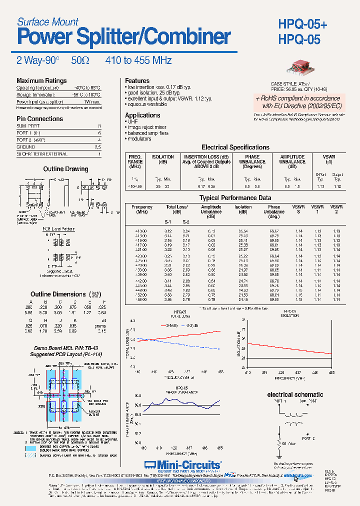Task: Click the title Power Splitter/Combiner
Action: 123,37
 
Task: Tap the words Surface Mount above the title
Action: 47,21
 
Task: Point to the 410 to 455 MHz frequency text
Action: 138,60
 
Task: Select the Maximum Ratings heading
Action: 41,81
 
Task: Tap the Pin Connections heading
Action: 39,119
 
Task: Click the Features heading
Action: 137,81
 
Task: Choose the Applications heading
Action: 142,115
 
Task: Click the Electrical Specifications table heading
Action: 235,147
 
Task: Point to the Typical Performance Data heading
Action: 235,198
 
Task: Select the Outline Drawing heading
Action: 65,169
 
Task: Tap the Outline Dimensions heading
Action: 58,294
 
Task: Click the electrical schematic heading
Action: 295,395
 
